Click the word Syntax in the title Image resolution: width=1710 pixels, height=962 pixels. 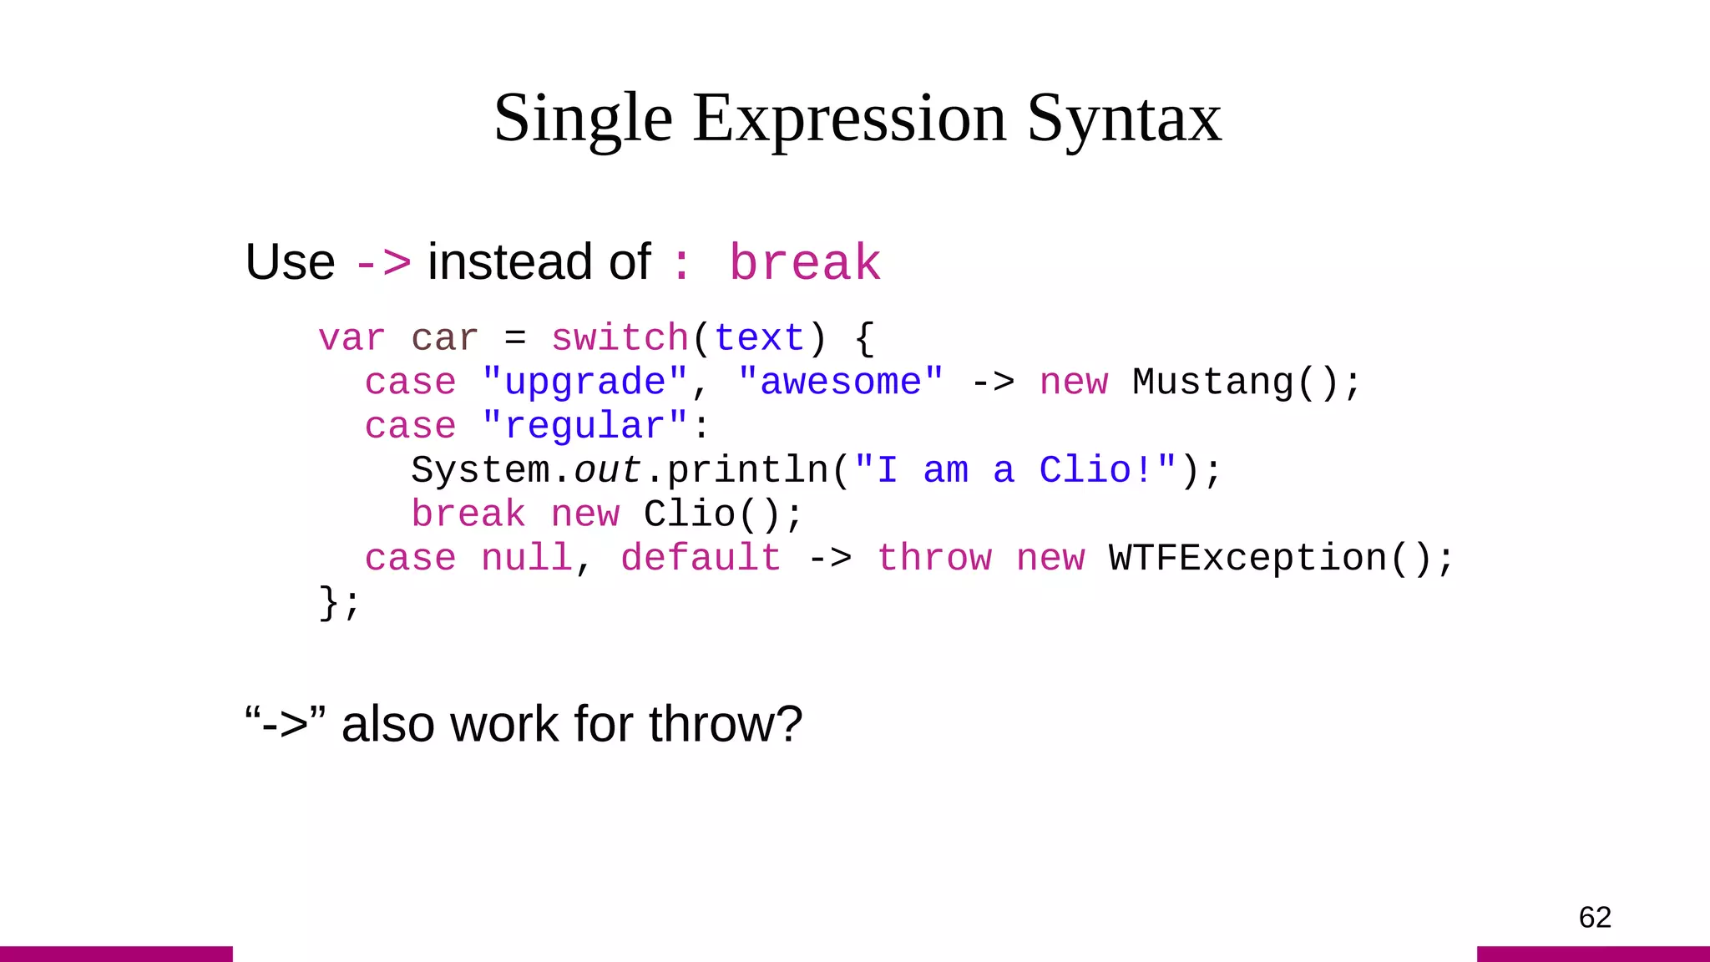pyautogui.click(x=1124, y=119)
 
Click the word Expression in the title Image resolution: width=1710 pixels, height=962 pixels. pyautogui.click(x=849, y=119)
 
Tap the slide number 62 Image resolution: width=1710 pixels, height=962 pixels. pyautogui.click(x=1594, y=917)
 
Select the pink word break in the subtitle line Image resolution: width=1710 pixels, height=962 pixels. pyautogui.click(x=805, y=263)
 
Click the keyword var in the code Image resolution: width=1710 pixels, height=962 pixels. pyautogui.click(x=352, y=339)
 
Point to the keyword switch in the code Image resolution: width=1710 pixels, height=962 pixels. pyautogui.click(x=620, y=339)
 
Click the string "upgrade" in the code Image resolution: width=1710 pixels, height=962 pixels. pyautogui.click(x=584, y=382)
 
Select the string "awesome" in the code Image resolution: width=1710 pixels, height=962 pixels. pyautogui.click(x=841, y=382)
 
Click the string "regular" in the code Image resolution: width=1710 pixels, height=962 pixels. pyautogui.click(x=584, y=427)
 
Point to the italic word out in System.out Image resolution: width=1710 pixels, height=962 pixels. pyautogui.click(x=607, y=470)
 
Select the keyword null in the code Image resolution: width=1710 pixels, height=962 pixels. pyautogui.click(x=527, y=558)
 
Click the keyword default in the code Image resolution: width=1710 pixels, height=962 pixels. pyautogui.click(x=701, y=558)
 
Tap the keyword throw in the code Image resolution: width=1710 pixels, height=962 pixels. pyautogui.click(x=934, y=558)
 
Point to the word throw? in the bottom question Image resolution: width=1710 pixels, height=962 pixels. pyautogui.click(x=725, y=724)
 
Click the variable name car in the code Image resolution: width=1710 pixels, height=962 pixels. pyautogui.click(x=444, y=339)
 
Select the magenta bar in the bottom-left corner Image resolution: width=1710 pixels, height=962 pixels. pyautogui.click(x=116, y=954)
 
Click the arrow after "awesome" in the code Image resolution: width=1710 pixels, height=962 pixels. pyautogui.click(x=993, y=382)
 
